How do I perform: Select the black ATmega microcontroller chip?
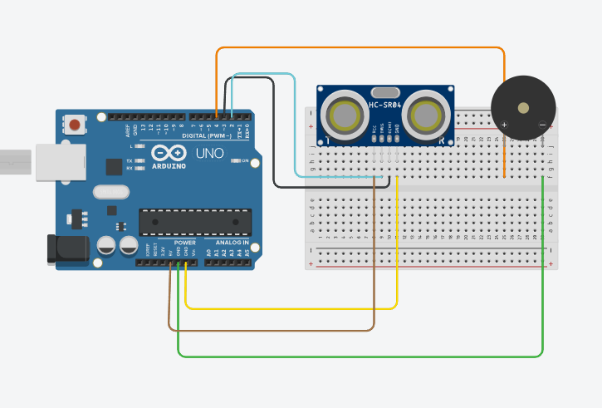[194, 222]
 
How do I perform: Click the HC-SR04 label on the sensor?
[385, 105]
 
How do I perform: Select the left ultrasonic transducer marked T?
[344, 116]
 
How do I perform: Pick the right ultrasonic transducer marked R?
[428, 116]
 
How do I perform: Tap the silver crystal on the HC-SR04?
[385, 92]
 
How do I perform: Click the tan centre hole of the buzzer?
[523, 108]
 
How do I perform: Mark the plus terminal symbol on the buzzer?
[504, 125]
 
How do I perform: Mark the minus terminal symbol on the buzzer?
[541, 125]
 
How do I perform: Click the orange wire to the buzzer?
[357, 48]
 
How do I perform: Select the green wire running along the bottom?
[357, 356]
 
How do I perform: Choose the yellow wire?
[291, 308]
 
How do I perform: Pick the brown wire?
[274, 330]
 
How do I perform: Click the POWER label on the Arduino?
[185, 243]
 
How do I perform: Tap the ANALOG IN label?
[233, 243]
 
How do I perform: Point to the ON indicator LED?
[237, 160]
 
